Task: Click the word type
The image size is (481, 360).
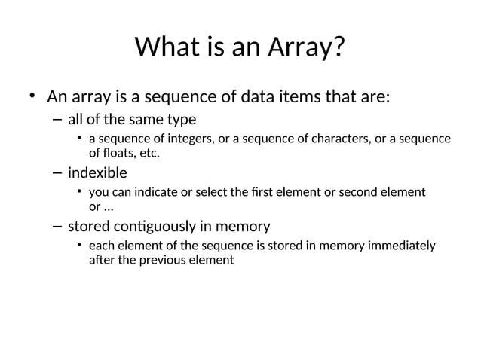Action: (x=180, y=119)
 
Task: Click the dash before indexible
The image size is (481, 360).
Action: (x=58, y=173)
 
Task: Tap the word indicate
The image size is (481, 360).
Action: (x=156, y=193)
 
